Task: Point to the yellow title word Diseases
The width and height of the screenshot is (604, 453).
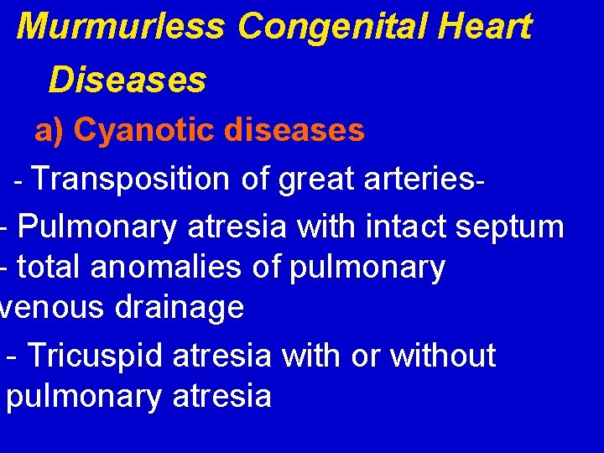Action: coord(127,81)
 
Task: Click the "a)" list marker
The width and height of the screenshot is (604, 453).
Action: coord(49,130)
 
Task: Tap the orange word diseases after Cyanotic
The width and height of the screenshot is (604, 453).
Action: coord(294,130)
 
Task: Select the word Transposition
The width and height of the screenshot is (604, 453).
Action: coord(133,179)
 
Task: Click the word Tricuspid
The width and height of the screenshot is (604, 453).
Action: coord(96,356)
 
